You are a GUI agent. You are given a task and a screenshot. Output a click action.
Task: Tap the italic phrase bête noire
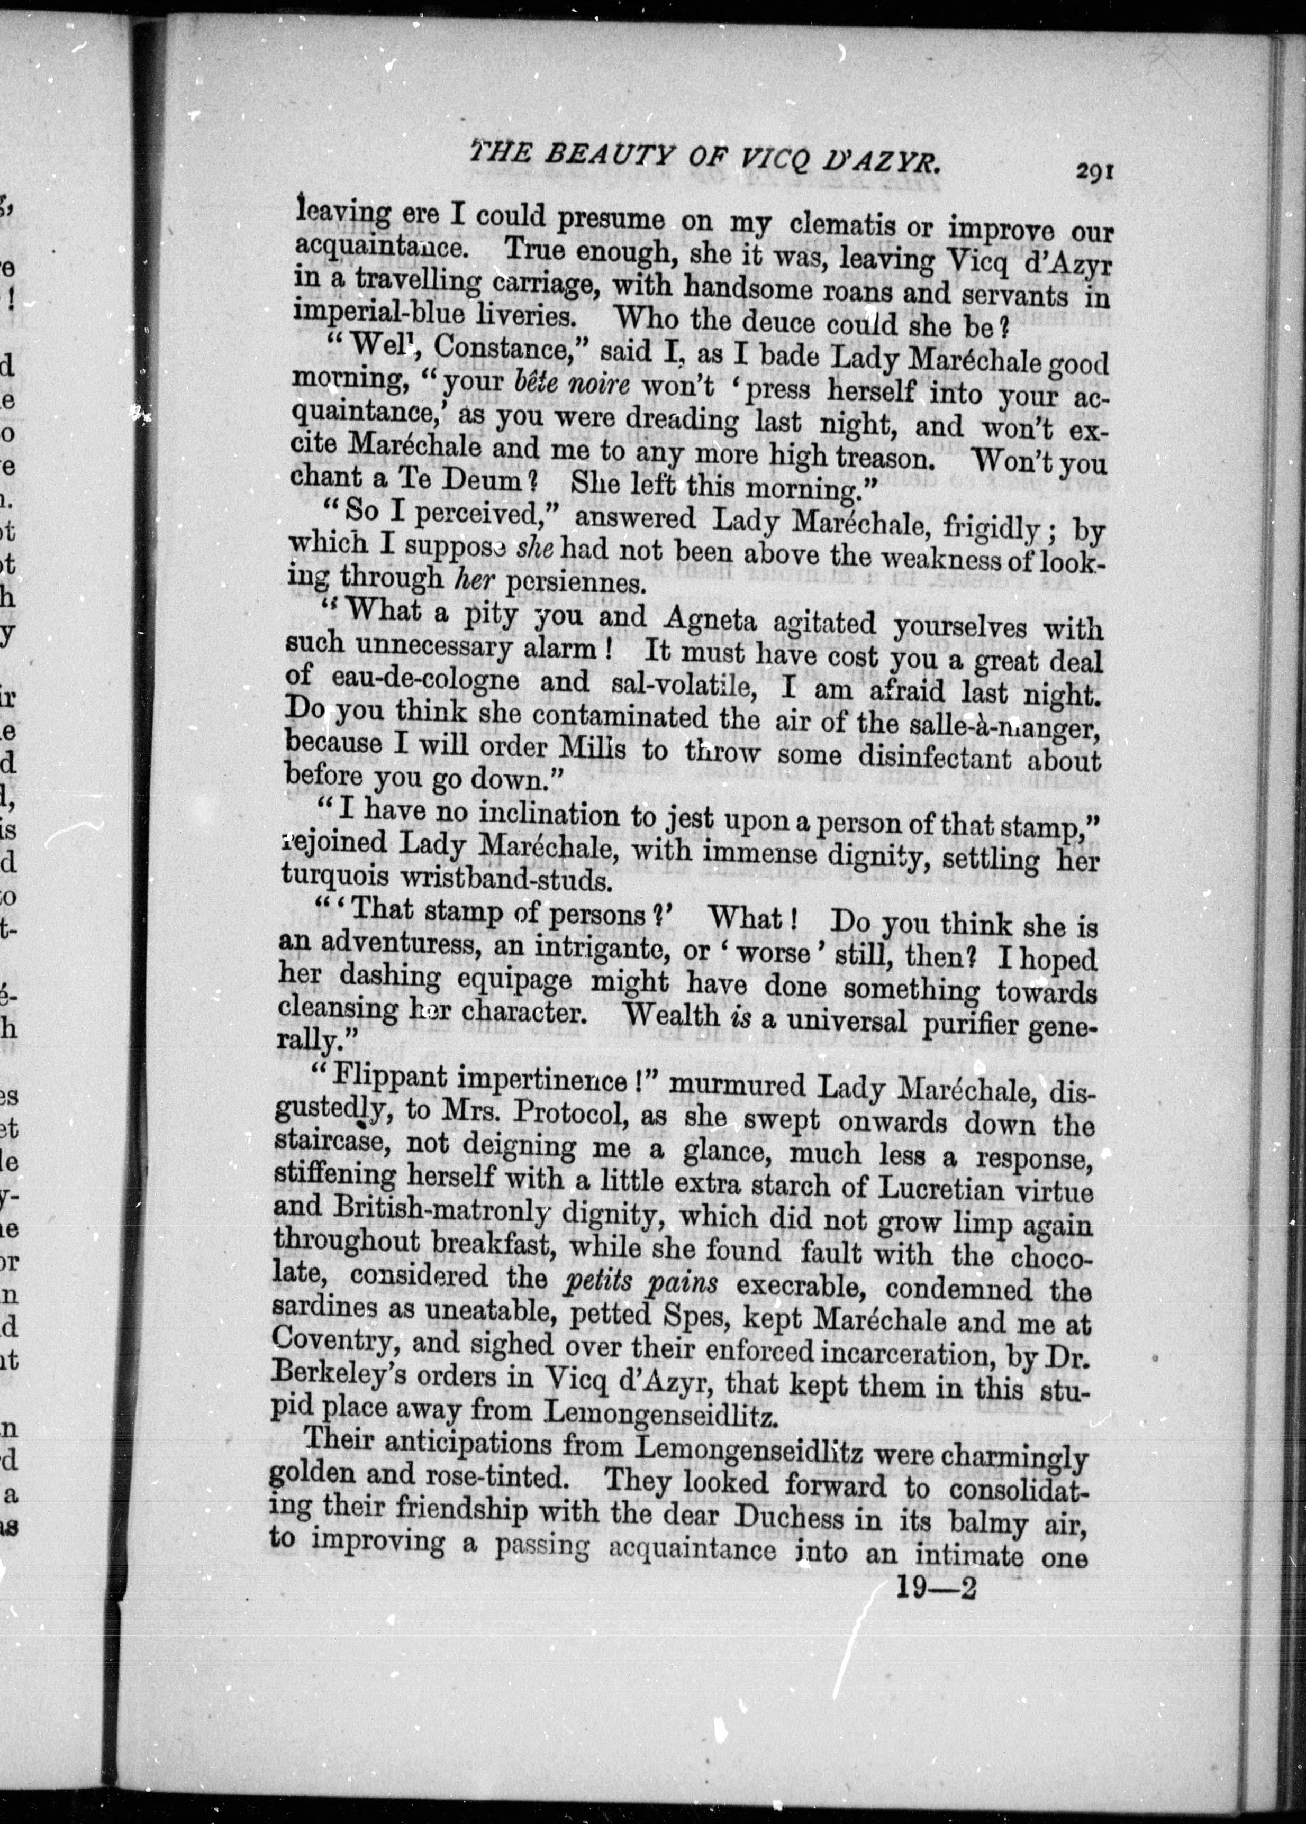point(572,384)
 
